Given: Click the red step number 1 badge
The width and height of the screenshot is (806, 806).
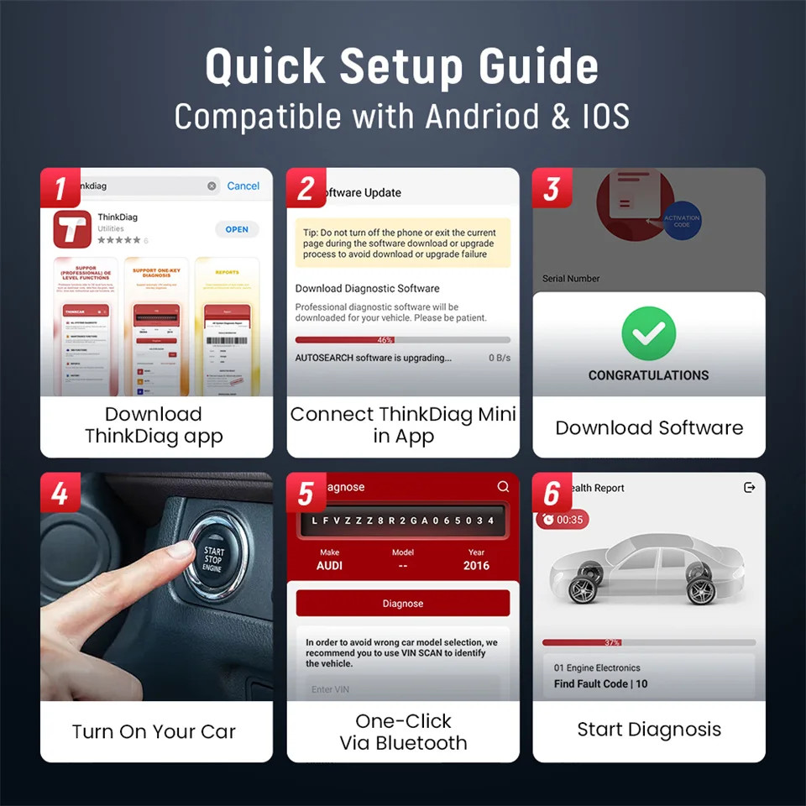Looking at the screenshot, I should tap(60, 188).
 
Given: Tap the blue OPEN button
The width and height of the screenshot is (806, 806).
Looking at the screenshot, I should tap(237, 229).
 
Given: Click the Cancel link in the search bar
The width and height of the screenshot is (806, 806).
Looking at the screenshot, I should tap(243, 186).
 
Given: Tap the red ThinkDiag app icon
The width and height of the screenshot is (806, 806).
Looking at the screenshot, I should tap(72, 229).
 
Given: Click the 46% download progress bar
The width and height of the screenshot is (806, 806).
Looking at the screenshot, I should tap(402, 340).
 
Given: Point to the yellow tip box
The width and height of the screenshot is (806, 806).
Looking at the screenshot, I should tap(402, 243).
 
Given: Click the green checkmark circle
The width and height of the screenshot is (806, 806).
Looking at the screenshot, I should tap(648, 334).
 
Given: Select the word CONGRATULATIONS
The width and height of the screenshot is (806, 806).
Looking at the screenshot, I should tap(648, 375).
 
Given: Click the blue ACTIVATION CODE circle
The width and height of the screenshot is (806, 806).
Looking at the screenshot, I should tap(681, 221).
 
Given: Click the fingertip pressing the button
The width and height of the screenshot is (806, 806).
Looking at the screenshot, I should tap(178, 551).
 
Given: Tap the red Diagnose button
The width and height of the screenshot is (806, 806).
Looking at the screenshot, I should tap(402, 603).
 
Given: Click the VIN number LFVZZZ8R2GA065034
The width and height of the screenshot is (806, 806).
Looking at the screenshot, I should tap(402, 521).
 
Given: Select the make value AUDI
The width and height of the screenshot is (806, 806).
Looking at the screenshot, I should tap(329, 566).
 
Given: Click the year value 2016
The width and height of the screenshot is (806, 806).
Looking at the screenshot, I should tap(476, 566).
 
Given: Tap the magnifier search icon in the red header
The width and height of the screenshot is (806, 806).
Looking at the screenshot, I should tap(503, 487).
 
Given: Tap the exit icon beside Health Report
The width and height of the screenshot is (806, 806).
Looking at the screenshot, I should tap(750, 488).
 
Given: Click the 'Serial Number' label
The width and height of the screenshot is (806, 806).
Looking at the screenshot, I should tap(571, 279).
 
